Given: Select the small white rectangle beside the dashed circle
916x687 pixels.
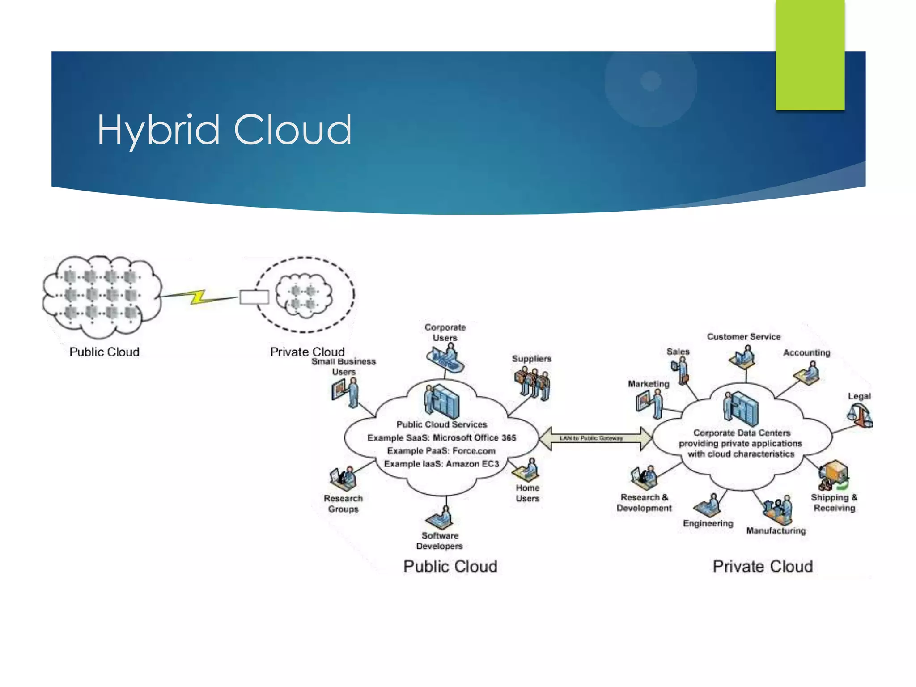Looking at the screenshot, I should pos(254,297).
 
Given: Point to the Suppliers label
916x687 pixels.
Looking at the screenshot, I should pos(531,359).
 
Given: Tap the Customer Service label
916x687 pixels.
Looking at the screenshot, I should pos(743,337).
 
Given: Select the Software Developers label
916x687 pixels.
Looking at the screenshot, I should pos(439,541).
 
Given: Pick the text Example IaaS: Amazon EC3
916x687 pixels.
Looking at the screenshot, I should pos(441,464).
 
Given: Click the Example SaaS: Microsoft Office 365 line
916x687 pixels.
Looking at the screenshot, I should pos(441,437).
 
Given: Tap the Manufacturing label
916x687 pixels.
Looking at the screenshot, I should pos(776,530).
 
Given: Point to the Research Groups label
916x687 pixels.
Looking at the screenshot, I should pos(343,504).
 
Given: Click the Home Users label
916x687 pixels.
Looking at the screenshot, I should pos(527,493).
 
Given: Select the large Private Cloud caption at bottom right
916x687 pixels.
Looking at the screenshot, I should pos(762,566).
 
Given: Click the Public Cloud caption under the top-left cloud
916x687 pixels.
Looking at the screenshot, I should pos(104,352).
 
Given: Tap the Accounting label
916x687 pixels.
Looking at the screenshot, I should pos(806,352).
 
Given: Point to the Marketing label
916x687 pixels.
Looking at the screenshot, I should pos(648,384).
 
